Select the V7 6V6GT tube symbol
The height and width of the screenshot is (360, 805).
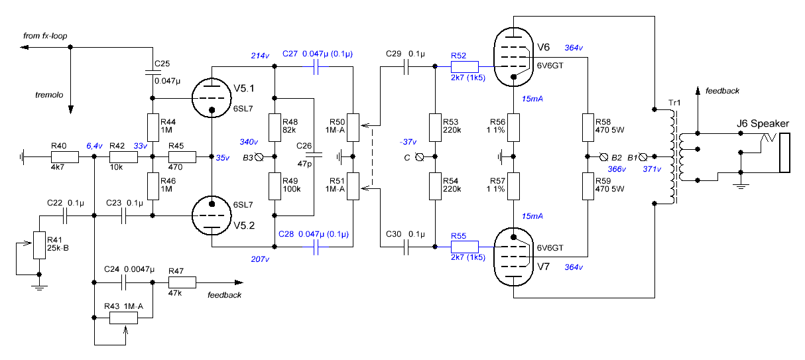(x=515, y=257)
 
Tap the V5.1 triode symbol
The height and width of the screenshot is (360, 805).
(x=212, y=97)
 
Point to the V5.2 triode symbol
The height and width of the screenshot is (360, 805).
(x=212, y=215)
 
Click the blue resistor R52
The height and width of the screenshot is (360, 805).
(x=464, y=66)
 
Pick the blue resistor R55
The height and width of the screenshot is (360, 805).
(x=464, y=246)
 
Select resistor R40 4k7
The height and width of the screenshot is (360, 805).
(x=65, y=157)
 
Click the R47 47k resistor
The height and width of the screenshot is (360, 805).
(x=182, y=282)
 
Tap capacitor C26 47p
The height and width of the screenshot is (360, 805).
(x=314, y=157)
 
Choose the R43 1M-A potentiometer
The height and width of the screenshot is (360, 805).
(x=123, y=317)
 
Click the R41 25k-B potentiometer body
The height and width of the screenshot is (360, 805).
(x=39, y=246)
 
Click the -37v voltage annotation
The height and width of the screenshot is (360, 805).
(x=408, y=143)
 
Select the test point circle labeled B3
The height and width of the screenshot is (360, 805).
(x=260, y=157)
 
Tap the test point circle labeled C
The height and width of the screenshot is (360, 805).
(x=419, y=157)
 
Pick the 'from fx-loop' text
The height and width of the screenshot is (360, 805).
(x=45, y=35)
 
